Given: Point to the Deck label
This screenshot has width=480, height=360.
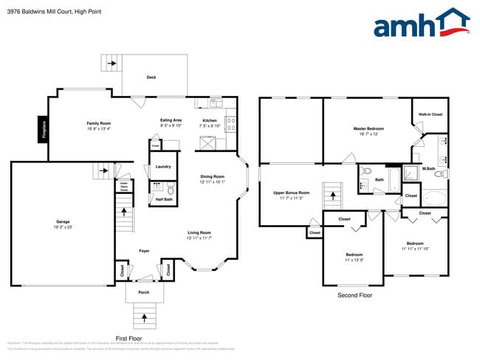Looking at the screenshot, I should pyautogui.click(x=151, y=77).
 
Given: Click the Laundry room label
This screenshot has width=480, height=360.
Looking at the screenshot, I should pyautogui.click(x=162, y=167).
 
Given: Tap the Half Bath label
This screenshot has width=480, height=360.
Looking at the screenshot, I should pyautogui.click(x=164, y=199).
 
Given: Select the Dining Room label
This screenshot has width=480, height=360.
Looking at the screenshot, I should pyautogui.click(x=212, y=176).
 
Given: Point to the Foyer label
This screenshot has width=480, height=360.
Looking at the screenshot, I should pyautogui.click(x=144, y=251).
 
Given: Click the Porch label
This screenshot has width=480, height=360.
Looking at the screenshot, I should pyautogui.click(x=143, y=292).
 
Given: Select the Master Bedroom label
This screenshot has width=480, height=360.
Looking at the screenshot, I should pyautogui.click(x=368, y=128).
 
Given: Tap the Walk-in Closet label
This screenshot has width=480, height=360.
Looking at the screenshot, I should pyautogui.click(x=430, y=114).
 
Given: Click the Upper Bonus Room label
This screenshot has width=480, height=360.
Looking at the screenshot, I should pyautogui.click(x=291, y=193).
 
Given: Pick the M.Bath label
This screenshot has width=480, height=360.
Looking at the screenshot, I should pyautogui.click(x=428, y=169).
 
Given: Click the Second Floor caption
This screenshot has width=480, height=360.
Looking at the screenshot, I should pyautogui.click(x=355, y=295).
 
